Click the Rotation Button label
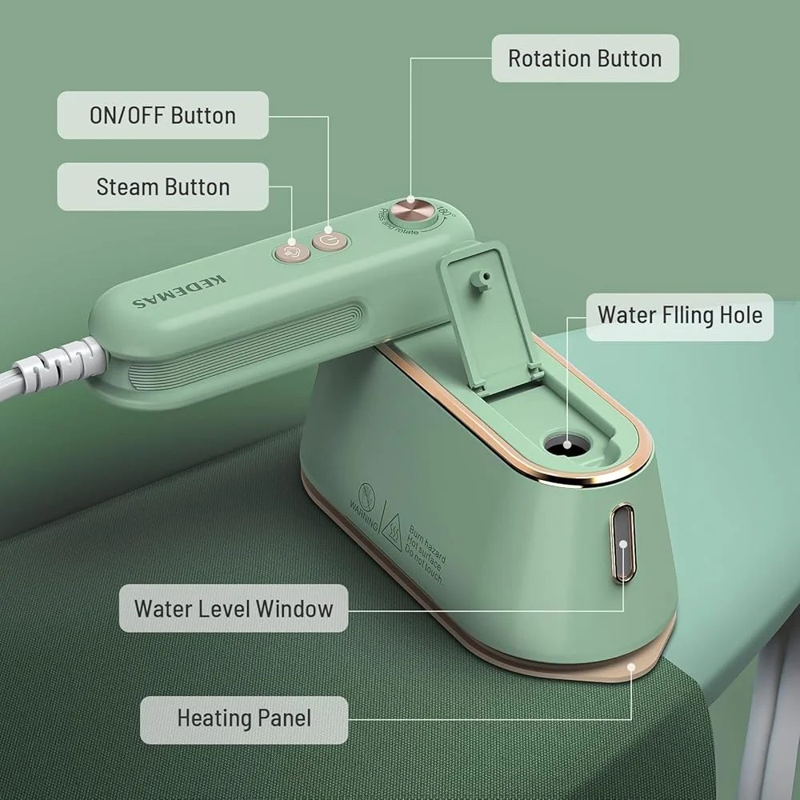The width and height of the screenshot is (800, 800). [x=585, y=58]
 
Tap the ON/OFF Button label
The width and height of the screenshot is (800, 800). [x=162, y=115]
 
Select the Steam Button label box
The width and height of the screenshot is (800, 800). [x=162, y=187]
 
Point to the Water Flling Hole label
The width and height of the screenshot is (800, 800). [x=680, y=314]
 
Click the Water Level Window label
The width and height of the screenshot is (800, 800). [x=233, y=608]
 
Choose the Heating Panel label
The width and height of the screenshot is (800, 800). [x=244, y=718]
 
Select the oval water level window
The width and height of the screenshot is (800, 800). [x=624, y=543]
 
